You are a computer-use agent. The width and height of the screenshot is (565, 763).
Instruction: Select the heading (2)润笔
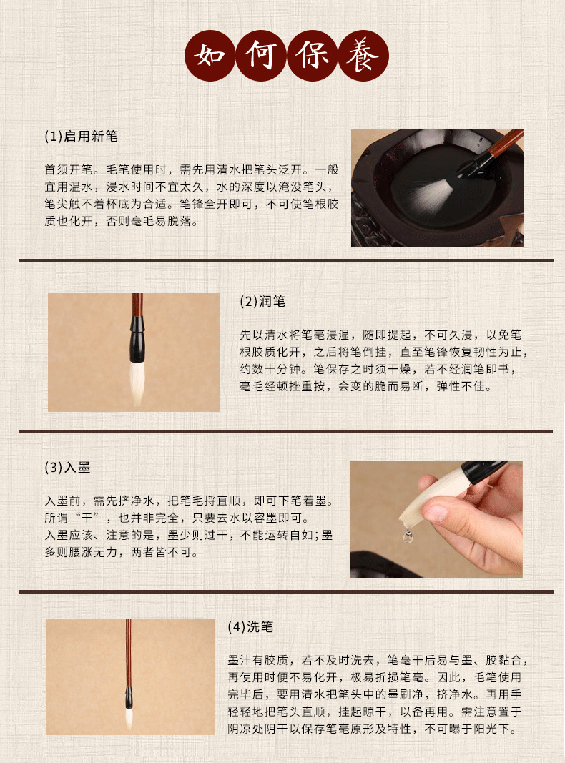click(262, 302)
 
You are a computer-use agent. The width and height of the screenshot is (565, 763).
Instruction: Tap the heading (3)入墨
click(67, 468)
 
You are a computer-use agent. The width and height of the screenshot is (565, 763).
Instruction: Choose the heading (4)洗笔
click(250, 627)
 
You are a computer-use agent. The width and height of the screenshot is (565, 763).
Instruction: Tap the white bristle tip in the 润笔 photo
click(137, 383)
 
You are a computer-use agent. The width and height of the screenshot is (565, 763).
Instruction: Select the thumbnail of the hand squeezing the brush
click(436, 519)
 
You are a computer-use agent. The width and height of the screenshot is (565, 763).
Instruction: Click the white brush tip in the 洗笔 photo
click(129, 715)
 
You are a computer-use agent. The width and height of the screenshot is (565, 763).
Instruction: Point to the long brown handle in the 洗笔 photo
click(129, 651)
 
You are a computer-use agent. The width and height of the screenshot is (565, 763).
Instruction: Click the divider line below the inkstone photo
click(285, 261)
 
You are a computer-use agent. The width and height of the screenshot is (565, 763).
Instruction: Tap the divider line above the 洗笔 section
click(285, 592)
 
